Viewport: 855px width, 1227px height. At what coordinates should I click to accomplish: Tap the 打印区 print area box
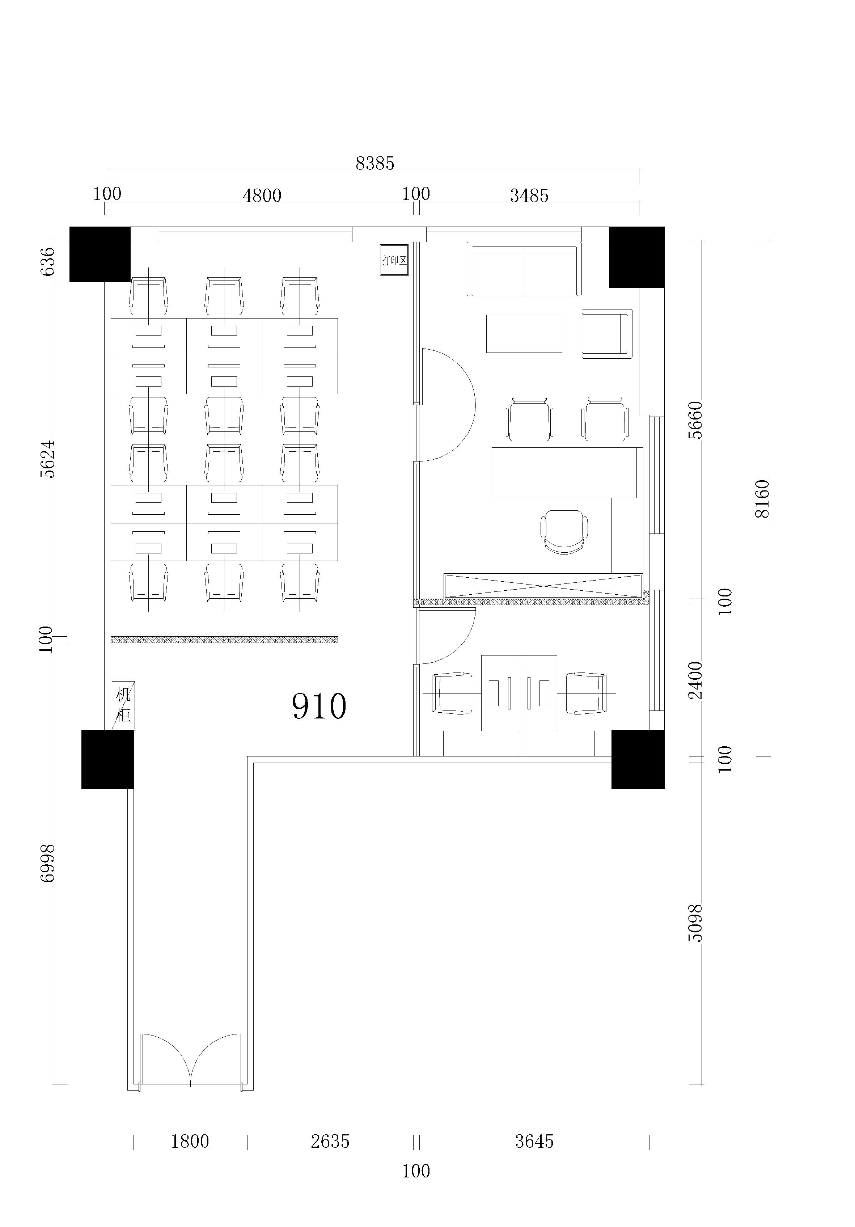click(x=394, y=260)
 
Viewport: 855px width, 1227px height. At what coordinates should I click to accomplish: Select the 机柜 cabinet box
click(x=123, y=705)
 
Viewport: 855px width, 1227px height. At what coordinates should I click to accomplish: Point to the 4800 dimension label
click(x=262, y=196)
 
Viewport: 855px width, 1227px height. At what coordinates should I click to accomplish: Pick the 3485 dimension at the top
click(x=529, y=196)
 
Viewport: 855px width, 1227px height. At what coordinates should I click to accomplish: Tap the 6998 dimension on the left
click(x=47, y=863)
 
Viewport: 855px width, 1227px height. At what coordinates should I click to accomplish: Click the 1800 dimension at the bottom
click(x=190, y=1142)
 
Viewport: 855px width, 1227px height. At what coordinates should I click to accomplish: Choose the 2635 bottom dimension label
click(x=330, y=1142)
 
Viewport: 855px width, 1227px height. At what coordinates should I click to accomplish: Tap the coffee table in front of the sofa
click(x=524, y=333)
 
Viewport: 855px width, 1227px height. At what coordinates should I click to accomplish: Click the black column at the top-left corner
click(x=100, y=254)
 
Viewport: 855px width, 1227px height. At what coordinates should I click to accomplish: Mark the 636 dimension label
click(x=47, y=261)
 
